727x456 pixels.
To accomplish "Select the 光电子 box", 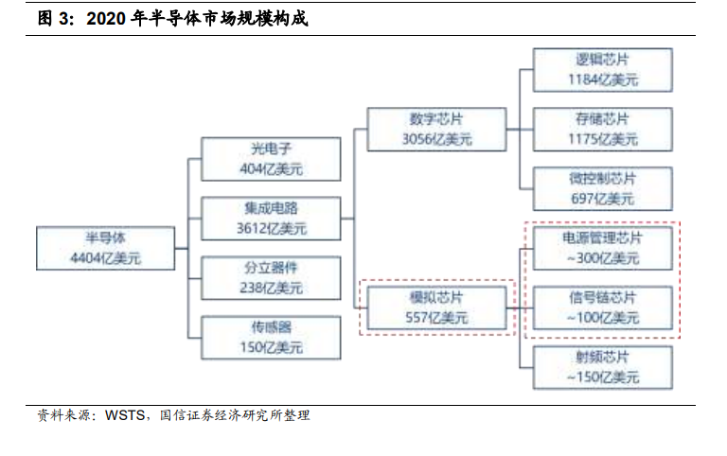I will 271,159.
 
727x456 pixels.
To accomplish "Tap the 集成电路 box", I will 271,219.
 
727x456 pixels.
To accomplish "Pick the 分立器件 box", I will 271,277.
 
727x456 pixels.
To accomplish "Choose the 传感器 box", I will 271,337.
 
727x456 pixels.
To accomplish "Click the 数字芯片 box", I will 435,129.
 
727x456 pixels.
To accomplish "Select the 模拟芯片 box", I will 435,307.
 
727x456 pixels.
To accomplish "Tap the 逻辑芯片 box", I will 602,70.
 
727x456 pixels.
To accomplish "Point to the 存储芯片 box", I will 602,130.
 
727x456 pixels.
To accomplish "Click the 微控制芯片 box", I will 602,188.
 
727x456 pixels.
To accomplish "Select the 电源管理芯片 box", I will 602,248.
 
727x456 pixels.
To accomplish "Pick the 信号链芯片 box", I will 602,307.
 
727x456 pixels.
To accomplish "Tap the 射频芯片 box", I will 602,366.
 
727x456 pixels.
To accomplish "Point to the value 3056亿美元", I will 435,139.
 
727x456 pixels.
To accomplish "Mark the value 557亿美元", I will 435,318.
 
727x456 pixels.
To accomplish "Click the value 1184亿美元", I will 602,80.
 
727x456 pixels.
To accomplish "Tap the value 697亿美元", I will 602,199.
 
